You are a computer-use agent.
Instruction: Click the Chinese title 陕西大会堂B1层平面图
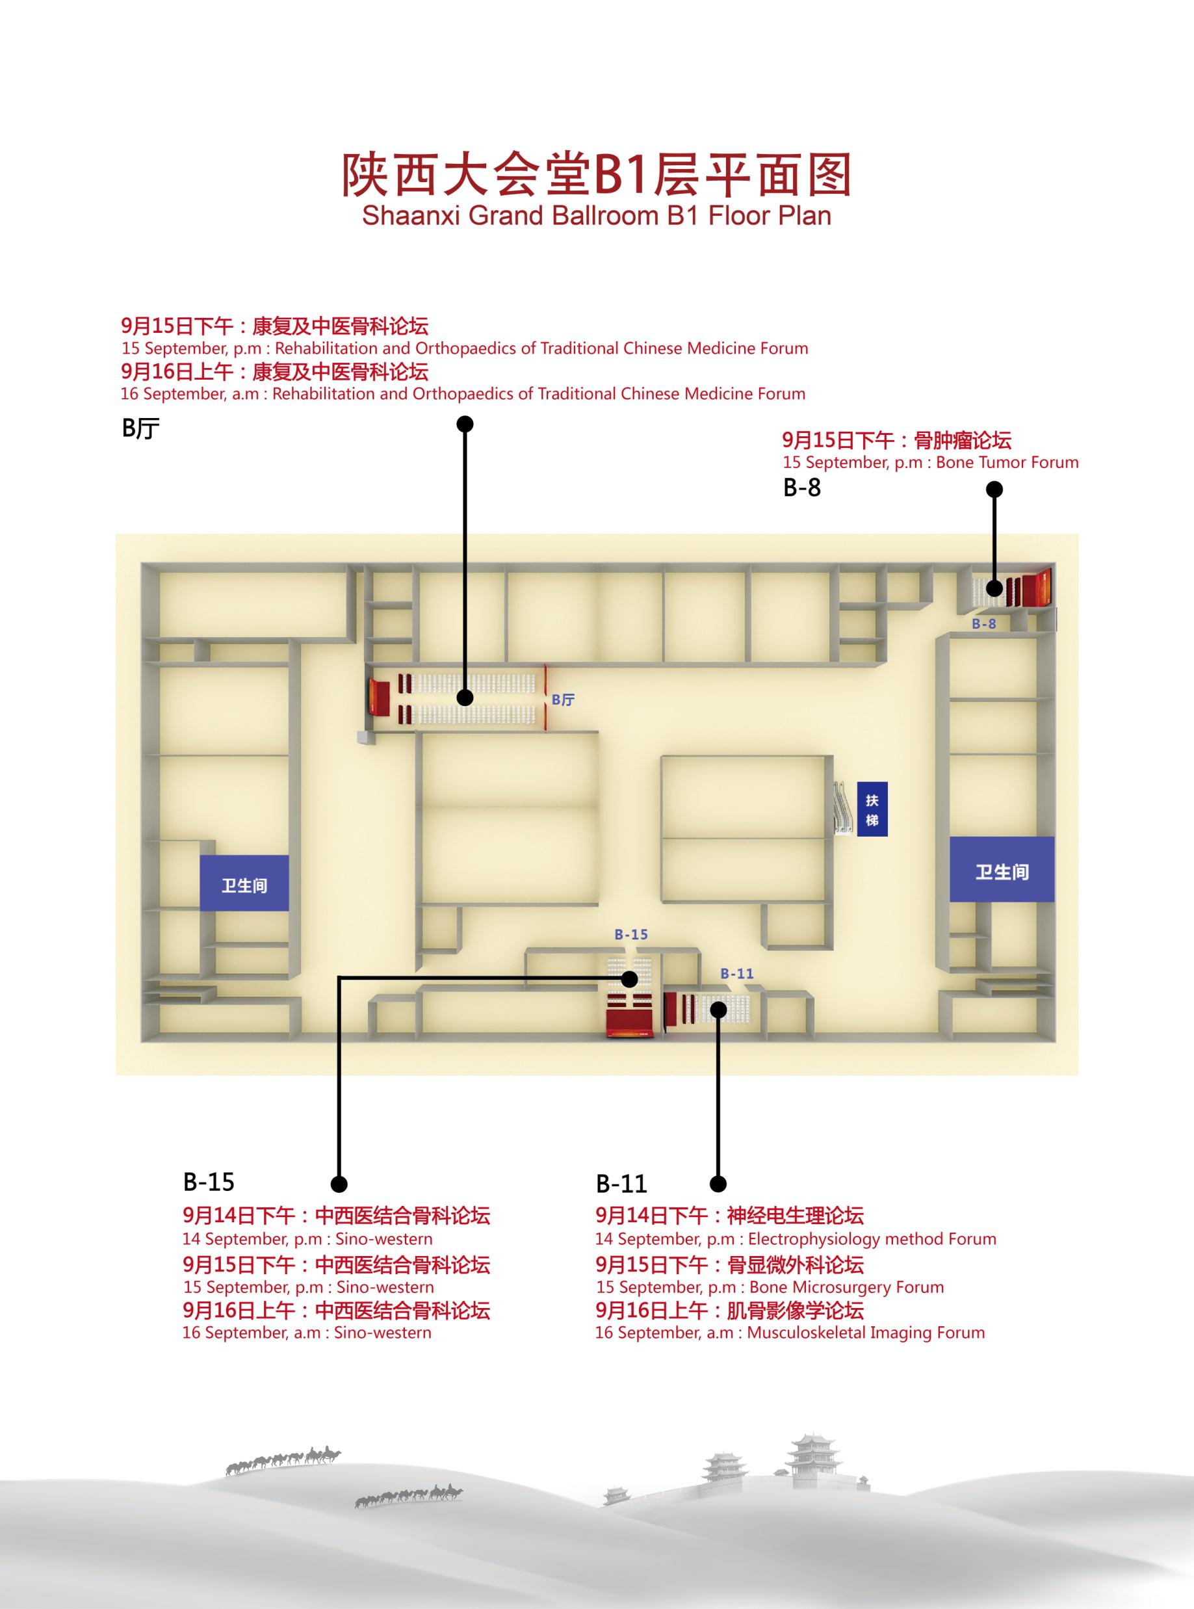pos(595,175)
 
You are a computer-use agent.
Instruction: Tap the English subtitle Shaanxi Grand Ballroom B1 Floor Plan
pos(596,215)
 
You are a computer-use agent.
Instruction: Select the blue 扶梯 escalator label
pos(872,810)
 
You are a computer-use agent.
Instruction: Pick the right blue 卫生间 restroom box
pos(1002,872)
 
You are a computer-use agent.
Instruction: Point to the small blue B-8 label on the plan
pos(983,624)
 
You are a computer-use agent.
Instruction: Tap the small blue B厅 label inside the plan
pos(563,700)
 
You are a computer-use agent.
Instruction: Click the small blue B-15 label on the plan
pos(631,935)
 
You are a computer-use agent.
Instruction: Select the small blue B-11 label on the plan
pos(736,974)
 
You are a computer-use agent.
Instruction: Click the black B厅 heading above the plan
pos(141,429)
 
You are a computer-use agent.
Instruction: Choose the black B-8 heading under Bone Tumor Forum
pos(802,488)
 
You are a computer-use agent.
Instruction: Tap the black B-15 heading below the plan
pos(209,1182)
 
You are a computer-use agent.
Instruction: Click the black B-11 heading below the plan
pos(621,1184)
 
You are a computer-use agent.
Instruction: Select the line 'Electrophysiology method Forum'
pos(795,1239)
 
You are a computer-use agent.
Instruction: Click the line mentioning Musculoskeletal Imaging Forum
pos(789,1332)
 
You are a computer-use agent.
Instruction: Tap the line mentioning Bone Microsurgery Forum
pos(770,1287)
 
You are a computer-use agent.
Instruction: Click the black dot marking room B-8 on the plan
pos(994,588)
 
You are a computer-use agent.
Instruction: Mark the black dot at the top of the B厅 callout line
pos(465,424)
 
